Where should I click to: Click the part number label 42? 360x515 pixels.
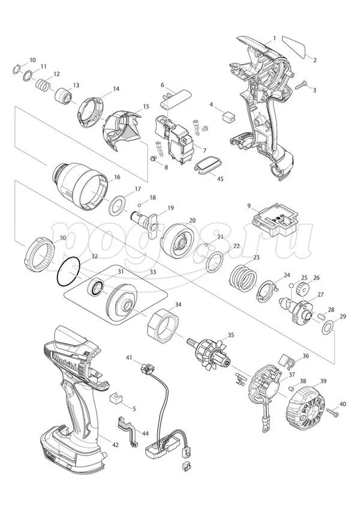(x=116, y=445)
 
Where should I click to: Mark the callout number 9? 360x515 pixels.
(x=248, y=206)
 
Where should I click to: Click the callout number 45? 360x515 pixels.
(x=220, y=178)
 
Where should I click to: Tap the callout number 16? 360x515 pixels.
(x=117, y=177)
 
